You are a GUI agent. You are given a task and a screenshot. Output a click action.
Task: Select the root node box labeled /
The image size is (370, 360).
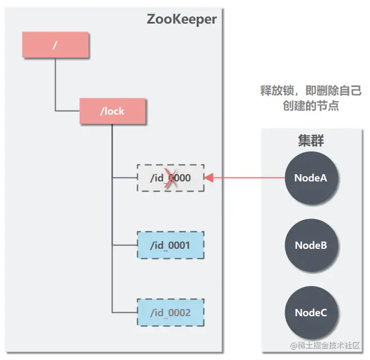coord(56,45)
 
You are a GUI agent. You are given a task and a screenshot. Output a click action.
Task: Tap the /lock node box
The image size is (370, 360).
coord(112,111)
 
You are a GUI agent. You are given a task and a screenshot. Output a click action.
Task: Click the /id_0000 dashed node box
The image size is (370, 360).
coord(170,178)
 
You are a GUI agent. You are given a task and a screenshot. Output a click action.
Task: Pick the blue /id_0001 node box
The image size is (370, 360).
coord(170,245)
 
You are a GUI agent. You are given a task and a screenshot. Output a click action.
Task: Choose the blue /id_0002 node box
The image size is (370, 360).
coord(170,313)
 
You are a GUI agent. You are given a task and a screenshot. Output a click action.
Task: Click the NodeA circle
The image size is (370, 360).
coord(311,178)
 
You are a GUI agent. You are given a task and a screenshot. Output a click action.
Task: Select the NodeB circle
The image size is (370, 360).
coord(311,245)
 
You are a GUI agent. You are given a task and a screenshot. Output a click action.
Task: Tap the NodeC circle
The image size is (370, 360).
coord(311,313)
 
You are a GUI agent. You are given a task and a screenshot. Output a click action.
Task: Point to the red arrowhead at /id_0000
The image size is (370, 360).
coord(209,178)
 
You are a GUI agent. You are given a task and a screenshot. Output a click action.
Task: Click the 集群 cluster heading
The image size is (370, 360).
coord(311,140)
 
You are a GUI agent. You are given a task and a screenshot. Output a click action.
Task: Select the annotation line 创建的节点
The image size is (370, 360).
coord(311,106)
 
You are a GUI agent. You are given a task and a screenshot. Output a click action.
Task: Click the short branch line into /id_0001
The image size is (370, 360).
coord(124,245)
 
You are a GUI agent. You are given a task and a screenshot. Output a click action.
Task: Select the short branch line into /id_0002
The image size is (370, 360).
coord(124,313)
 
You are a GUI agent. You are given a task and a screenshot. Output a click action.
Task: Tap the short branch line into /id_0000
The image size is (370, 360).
coord(124,178)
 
